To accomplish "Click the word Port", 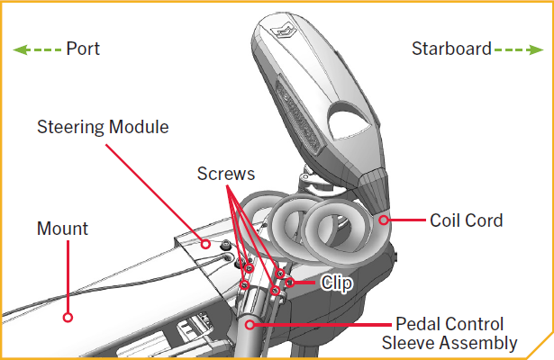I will tap(83, 49).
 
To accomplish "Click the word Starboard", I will tap(450, 49).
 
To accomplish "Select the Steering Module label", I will tap(103, 126).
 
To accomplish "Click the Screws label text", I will tap(225, 173).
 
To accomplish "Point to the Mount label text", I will tap(62, 229).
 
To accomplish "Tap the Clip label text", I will tap(336, 283).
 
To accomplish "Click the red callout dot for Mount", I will tap(66, 317).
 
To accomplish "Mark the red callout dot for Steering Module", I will tap(206, 243).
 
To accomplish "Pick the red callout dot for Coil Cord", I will tap(385, 219).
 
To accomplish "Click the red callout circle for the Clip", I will tap(290, 282).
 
